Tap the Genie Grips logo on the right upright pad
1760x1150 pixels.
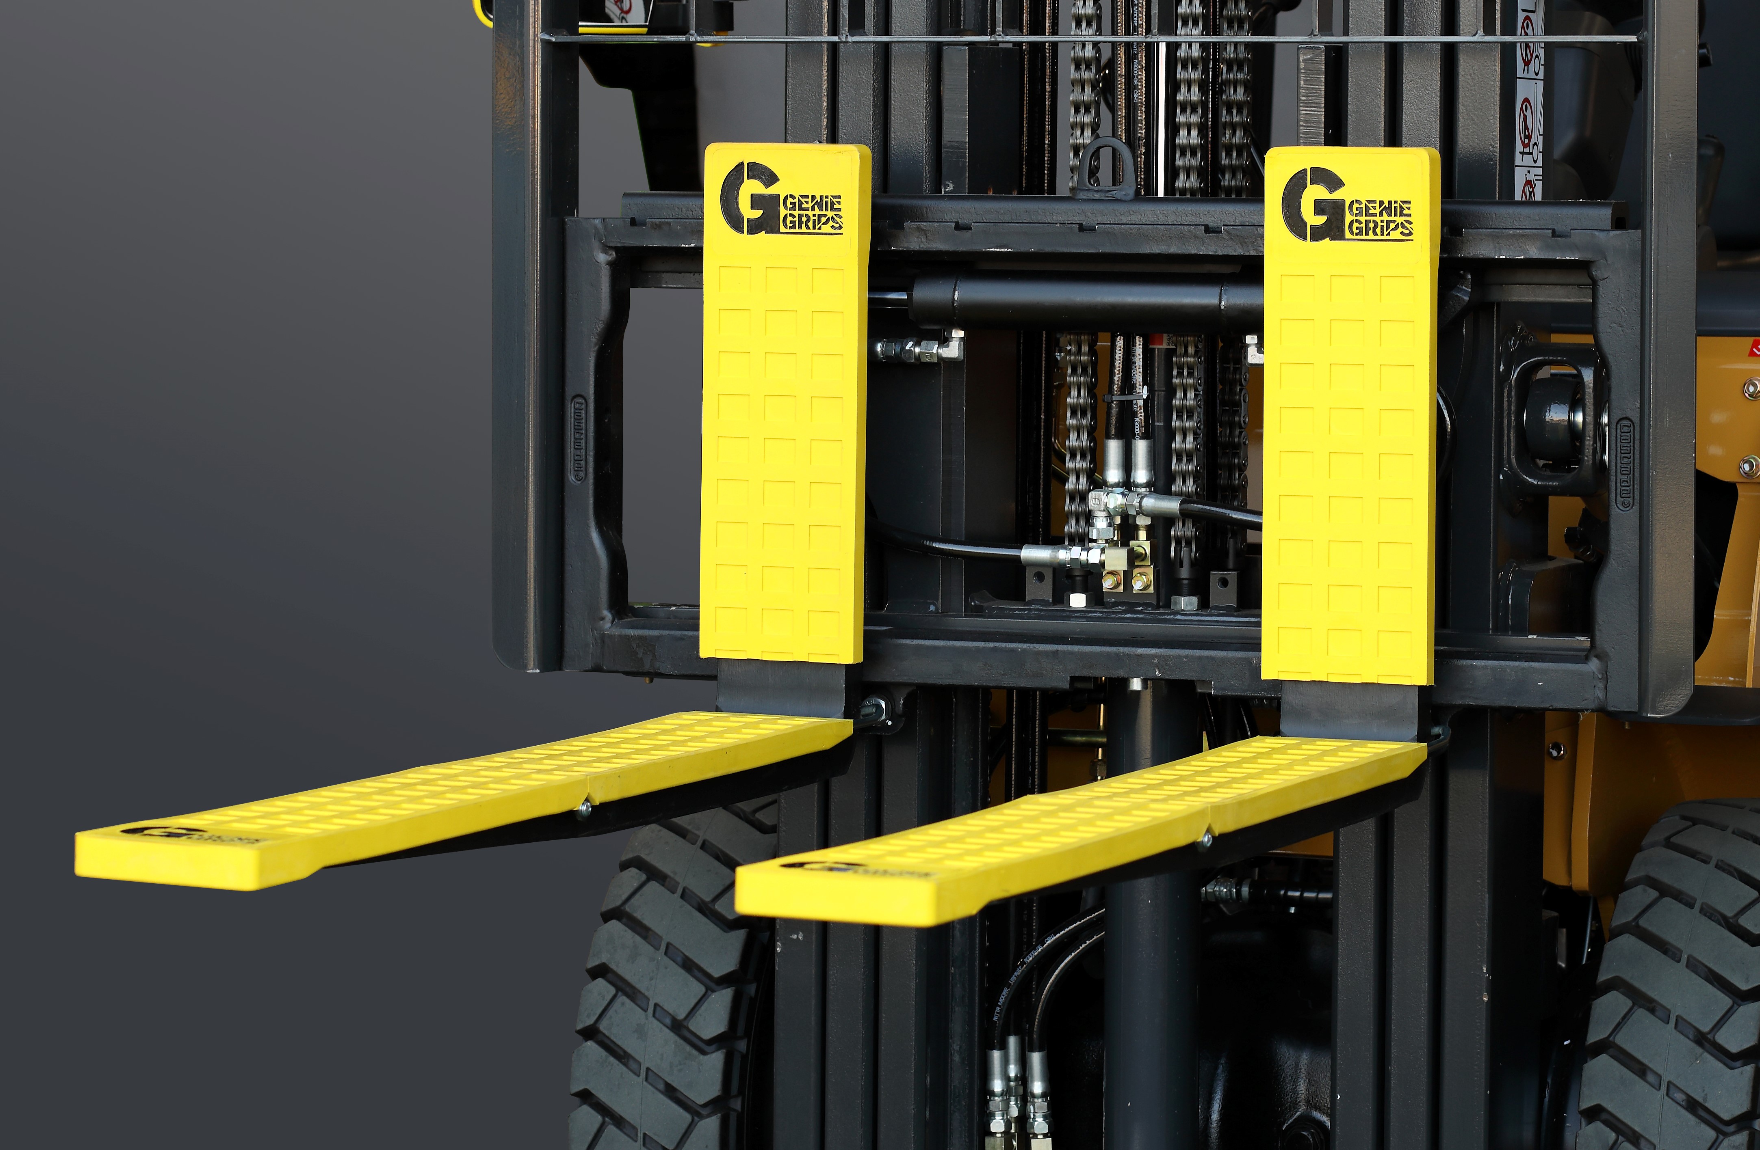(x=1347, y=205)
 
